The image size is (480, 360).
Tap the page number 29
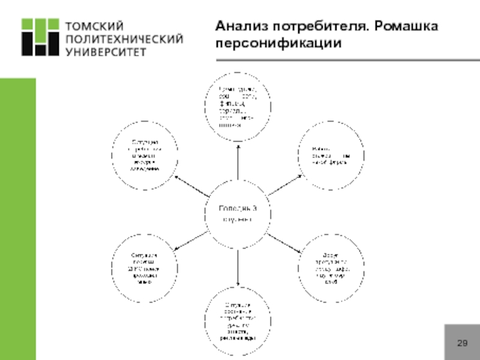pyautogui.click(x=461, y=343)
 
